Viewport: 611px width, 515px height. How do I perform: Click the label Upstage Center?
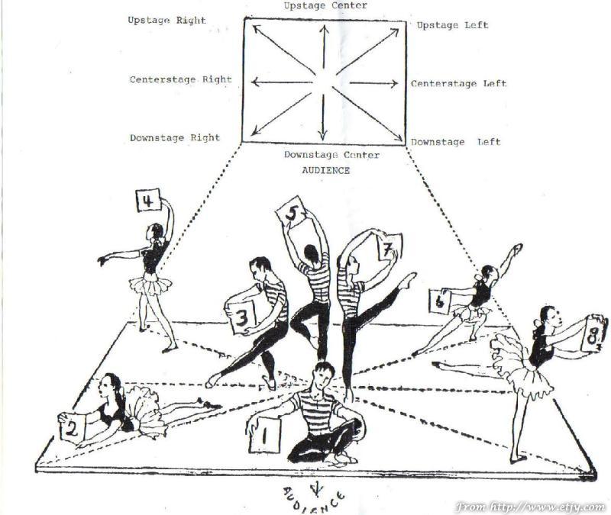click(325, 6)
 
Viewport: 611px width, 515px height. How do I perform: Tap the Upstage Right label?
click(166, 21)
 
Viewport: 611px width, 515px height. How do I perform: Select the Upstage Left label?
click(452, 26)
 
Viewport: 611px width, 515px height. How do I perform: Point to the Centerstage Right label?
click(180, 79)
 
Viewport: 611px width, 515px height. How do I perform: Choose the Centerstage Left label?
click(458, 84)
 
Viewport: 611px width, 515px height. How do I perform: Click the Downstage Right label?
click(174, 138)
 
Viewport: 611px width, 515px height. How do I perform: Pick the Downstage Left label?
click(456, 143)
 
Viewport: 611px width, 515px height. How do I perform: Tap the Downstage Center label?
click(331, 155)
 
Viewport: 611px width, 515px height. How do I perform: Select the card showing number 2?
click(73, 429)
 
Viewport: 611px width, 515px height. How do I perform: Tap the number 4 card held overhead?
click(148, 201)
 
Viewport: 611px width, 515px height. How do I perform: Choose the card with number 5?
click(289, 212)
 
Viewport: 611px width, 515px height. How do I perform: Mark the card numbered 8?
click(596, 333)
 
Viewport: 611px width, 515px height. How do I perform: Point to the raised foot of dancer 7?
click(410, 279)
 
